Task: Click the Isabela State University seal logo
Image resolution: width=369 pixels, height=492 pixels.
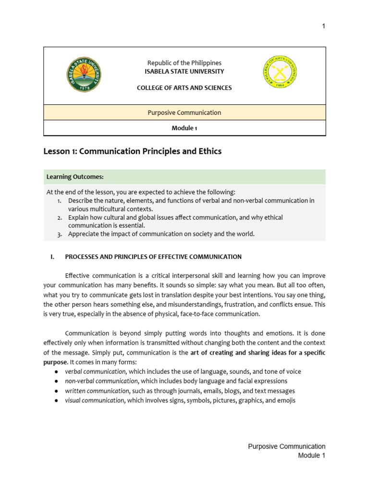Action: coord(84,75)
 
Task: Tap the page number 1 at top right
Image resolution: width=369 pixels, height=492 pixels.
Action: coord(323,26)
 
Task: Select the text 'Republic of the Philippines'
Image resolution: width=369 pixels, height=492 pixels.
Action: coord(184,63)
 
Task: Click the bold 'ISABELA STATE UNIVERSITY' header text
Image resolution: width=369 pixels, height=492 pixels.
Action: coord(184,71)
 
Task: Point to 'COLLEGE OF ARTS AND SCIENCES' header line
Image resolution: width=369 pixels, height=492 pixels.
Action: coord(184,88)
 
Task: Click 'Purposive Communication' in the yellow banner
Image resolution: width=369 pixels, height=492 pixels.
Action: coord(184,112)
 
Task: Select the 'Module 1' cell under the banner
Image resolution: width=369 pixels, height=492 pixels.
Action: coord(184,128)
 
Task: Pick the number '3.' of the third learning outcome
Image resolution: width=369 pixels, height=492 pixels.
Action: coord(60,234)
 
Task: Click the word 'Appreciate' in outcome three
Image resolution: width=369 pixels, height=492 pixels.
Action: coord(84,234)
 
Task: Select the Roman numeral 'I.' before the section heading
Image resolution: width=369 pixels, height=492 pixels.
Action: coord(52,257)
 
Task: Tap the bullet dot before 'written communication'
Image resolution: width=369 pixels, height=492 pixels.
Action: coord(57,391)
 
